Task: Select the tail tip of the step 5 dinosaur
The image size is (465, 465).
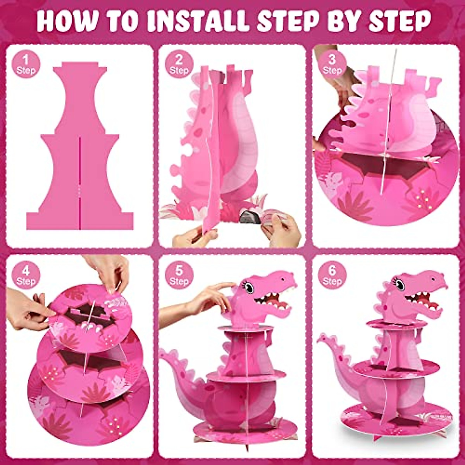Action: [x=162, y=352]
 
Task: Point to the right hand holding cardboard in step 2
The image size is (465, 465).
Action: [x=281, y=229]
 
